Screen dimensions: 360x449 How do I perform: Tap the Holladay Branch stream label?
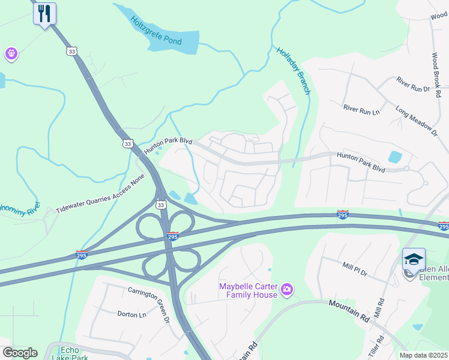pos(293,70)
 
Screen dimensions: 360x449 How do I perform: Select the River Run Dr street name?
pos(413,84)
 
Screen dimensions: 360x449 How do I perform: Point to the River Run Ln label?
pos(361,109)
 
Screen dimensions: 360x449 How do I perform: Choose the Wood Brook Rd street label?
pos(436,74)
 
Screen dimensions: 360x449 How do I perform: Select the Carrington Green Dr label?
pos(148,304)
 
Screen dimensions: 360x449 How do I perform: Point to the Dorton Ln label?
pos(131,314)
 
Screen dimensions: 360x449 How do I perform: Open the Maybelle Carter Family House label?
pos(248,290)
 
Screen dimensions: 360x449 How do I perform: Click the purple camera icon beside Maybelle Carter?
pos(287,290)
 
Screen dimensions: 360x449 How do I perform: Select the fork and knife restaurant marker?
pos(44,13)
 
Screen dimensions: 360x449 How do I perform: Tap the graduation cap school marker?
pos(414,259)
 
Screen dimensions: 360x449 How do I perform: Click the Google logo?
pos(20,352)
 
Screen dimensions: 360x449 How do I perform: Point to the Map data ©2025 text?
pos(423,355)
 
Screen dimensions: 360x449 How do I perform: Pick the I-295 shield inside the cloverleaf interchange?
pos(172,236)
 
